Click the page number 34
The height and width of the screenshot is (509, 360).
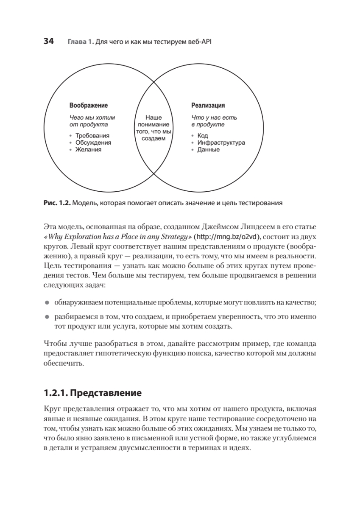pos(48,42)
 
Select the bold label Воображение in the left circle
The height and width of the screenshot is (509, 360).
pos(88,105)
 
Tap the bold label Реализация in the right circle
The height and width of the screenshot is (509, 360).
pos(208,105)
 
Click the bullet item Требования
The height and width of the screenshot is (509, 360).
pos(89,136)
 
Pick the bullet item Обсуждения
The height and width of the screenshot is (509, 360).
pos(93,143)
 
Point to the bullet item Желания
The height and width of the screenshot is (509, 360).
pos(88,149)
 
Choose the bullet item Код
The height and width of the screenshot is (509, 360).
pos(202,136)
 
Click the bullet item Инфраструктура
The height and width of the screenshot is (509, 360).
pos(221,143)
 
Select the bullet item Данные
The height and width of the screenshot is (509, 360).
pos(208,149)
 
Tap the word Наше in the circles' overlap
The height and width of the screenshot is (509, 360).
pos(153,117)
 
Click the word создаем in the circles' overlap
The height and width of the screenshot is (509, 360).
pos(153,139)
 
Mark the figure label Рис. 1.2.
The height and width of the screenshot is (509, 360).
pos(57,203)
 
